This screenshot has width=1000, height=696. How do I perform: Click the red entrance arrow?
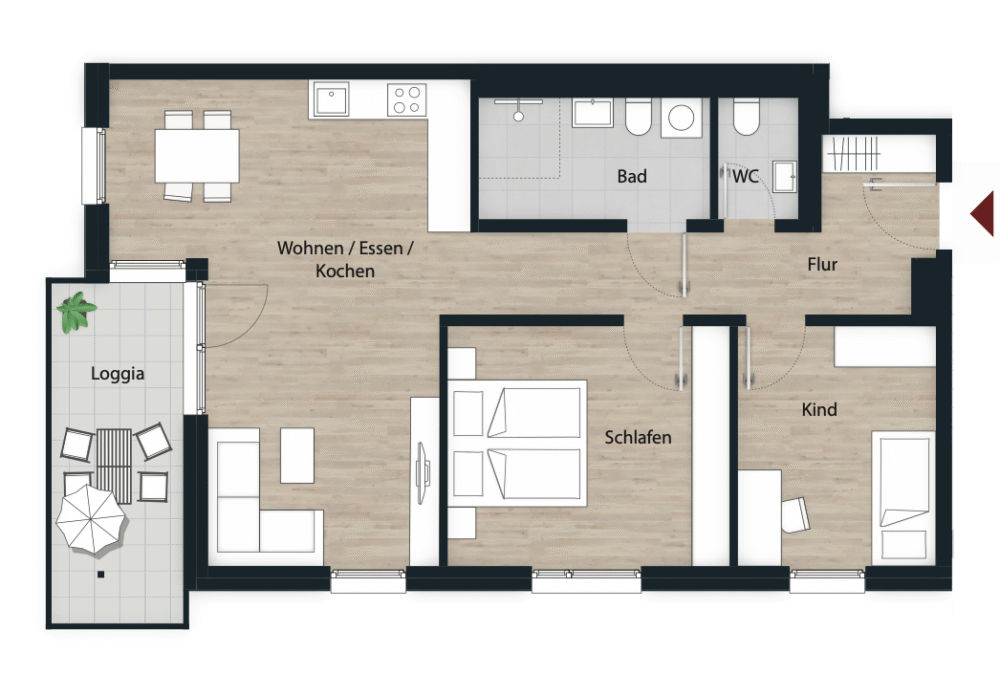tap(983, 213)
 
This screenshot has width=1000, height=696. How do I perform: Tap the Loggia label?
tap(117, 374)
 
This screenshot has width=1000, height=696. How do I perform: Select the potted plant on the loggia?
tap(77, 312)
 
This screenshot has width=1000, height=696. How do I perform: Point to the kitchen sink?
tap(330, 100)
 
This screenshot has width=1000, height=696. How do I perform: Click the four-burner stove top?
tap(407, 100)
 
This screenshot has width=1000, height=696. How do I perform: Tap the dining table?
tap(197, 156)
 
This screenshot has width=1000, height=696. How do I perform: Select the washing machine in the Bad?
tap(681, 118)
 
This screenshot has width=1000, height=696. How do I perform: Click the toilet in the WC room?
tap(746, 116)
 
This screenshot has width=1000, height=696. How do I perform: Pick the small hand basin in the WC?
tap(784, 176)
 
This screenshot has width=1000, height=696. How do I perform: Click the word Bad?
tap(631, 176)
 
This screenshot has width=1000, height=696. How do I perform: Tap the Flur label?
tap(822, 264)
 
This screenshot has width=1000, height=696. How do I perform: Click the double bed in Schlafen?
tap(517, 443)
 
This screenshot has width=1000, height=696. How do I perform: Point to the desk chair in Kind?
tap(795, 514)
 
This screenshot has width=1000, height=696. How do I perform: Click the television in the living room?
tap(422, 473)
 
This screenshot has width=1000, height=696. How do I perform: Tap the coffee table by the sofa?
tap(297, 455)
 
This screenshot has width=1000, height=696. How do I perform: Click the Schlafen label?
tap(638, 438)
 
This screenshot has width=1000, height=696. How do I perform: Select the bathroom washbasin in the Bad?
tap(592, 113)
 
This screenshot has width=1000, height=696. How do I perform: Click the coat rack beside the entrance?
tap(853, 153)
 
